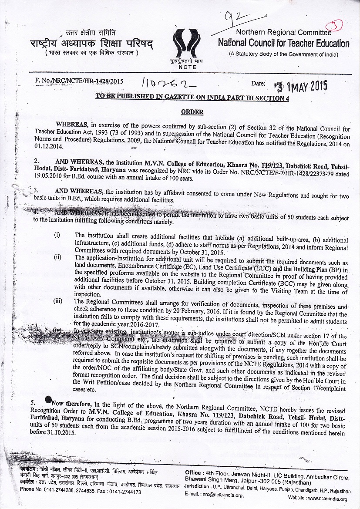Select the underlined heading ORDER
pyautogui.click(x=192, y=112)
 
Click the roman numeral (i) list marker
pyautogui.click(x=57, y=235)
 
